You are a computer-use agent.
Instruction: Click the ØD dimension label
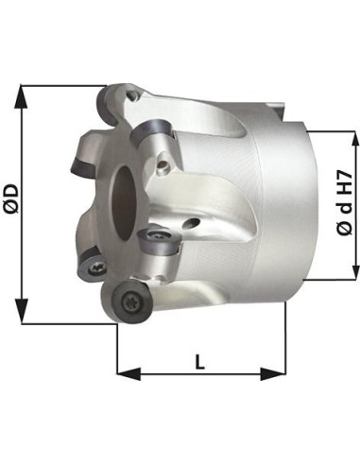[13, 198]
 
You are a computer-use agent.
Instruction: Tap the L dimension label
[200, 362]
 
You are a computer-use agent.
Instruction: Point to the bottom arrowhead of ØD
[22, 311]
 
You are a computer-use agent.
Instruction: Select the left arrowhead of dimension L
[129, 374]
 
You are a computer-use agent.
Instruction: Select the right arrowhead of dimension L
[273, 374]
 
